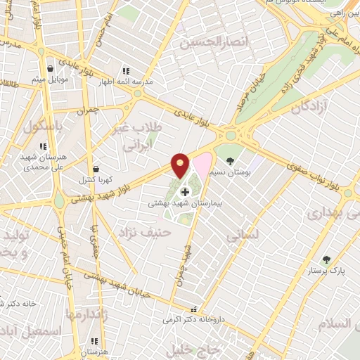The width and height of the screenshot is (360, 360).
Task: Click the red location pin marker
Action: click(181, 165)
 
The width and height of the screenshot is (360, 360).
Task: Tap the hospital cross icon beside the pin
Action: click(186, 191)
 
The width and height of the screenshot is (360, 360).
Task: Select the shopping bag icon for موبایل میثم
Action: click(51, 68)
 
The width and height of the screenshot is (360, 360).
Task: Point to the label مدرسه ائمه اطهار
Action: click(128, 81)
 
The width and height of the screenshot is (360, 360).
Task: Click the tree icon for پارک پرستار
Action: click(326, 259)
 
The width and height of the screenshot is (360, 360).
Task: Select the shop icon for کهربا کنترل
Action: click(96, 169)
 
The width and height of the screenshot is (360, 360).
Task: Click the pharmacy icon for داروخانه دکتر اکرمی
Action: click(194, 309)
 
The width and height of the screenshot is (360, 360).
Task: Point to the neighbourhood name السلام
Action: click(335, 323)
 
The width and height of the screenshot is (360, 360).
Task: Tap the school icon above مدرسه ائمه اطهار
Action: click(126, 71)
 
